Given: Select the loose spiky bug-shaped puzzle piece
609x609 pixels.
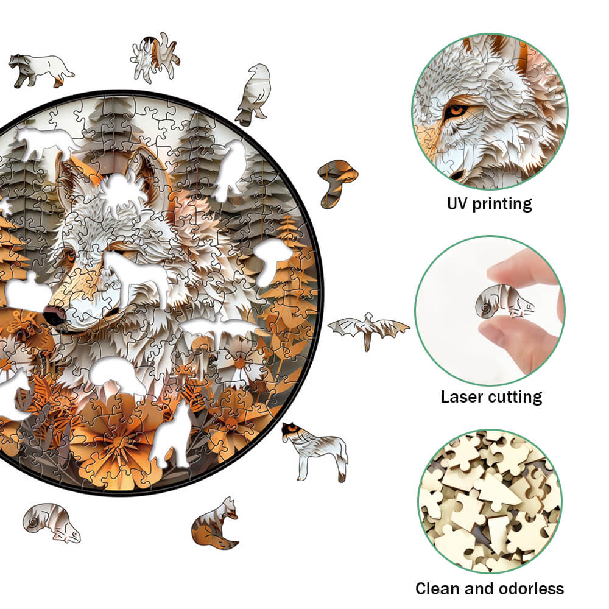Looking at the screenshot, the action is (155, 57).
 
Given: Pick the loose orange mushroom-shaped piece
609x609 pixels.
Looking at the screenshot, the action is (336, 181).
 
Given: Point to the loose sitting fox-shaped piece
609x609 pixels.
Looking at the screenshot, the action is (216, 524).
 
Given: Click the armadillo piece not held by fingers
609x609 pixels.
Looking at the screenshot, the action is (51, 523).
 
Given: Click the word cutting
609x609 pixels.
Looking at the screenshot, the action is (515, 398).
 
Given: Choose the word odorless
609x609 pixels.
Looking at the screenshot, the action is (530, 589).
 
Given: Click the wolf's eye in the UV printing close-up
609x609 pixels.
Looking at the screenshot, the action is (457, 112).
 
